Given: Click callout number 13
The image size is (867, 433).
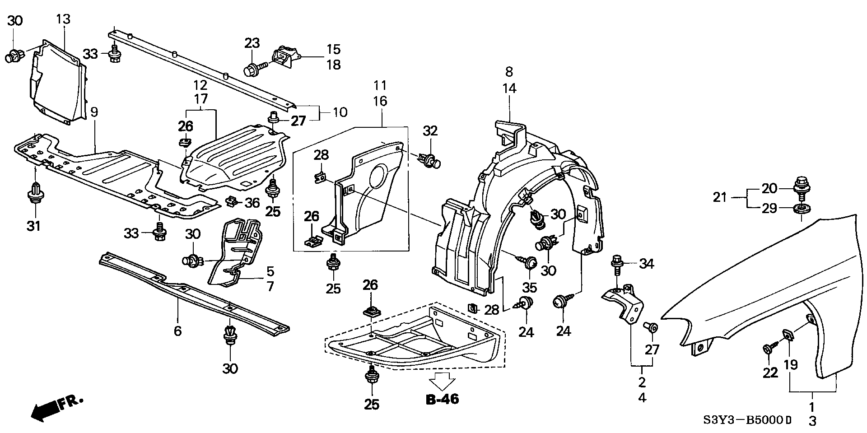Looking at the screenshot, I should click(64, 19).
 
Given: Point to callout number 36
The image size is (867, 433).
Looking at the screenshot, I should click(252, 203).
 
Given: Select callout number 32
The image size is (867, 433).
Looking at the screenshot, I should click(430, 131).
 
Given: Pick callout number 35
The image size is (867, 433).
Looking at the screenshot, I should click(530, 287).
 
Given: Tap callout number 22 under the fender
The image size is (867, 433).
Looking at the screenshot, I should click(770, 372).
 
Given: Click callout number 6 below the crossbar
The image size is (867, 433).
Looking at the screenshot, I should click(177, 331).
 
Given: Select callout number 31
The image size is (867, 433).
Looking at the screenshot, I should click(33, 225).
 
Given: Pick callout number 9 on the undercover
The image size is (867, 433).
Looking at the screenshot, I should click(94, 112).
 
